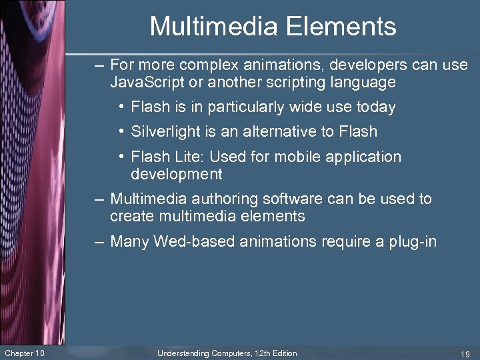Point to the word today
[x=376, y=107]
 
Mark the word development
[x=176, y=175]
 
